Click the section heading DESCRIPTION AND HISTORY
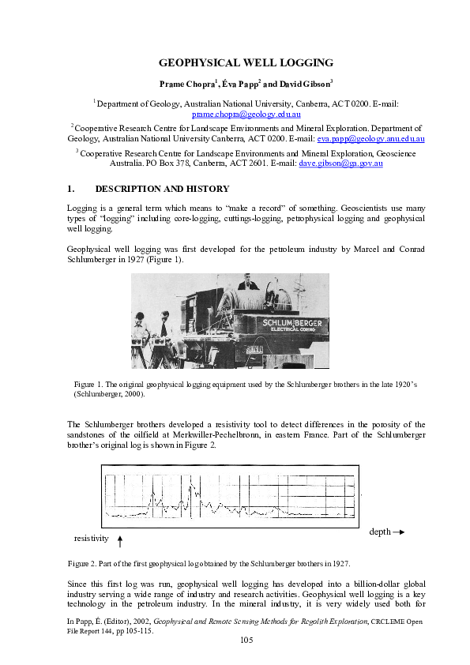coord(162,189)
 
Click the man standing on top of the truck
coord(250,282)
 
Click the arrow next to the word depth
coord(399,532)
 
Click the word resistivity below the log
coord(90,538)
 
